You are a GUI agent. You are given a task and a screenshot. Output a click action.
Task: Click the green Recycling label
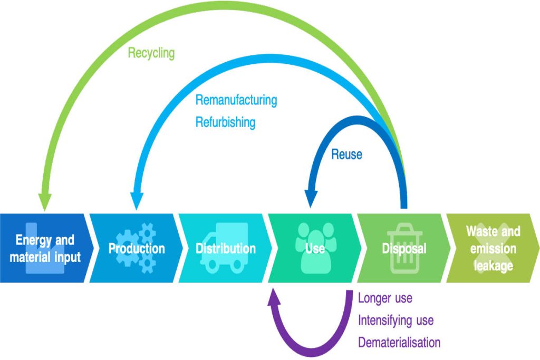point(151,53)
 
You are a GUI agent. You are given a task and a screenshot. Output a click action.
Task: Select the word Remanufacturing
point(236,100)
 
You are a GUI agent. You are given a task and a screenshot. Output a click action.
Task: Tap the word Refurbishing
point(225,122)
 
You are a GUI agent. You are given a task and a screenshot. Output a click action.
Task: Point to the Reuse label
point(346,154)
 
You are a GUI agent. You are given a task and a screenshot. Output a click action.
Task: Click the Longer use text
point(385,298)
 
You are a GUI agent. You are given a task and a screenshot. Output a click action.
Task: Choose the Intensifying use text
point(396,320)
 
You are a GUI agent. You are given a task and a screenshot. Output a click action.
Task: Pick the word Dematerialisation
point(399,343)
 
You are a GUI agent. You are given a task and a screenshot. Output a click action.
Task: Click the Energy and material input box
point(44,248)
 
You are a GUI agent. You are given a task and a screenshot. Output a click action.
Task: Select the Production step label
point(137,248)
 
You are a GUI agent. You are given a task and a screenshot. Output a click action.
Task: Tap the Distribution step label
point(226,248)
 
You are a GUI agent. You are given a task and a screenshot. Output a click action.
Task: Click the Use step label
point(315,248)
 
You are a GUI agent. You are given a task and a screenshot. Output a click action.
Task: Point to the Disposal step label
point(404,248)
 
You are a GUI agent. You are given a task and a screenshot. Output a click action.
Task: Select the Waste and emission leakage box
point(493,248)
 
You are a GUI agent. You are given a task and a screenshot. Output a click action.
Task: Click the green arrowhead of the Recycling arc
point(45,201)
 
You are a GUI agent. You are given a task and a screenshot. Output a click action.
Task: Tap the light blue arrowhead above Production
point(136,201)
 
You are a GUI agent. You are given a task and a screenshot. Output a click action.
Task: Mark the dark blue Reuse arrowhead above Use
point(311,197)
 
